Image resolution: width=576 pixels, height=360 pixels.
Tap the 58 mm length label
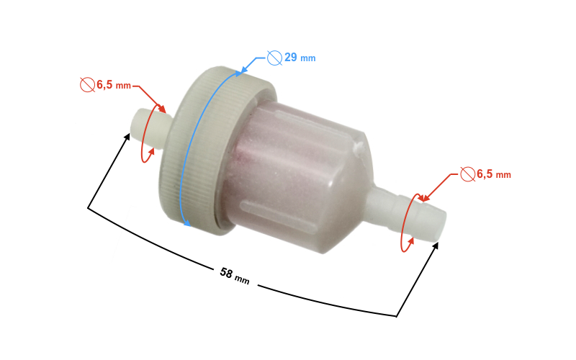click(234, 276)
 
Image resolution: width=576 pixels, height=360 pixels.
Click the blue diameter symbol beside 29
click(274, 57)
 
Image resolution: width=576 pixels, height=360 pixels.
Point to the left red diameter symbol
click(87, 85)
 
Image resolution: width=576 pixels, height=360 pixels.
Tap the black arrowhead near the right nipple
click(436, 246)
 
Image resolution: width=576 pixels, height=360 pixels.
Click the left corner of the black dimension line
click(88, 208)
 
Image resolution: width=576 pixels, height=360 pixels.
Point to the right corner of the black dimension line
click(397, 315)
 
